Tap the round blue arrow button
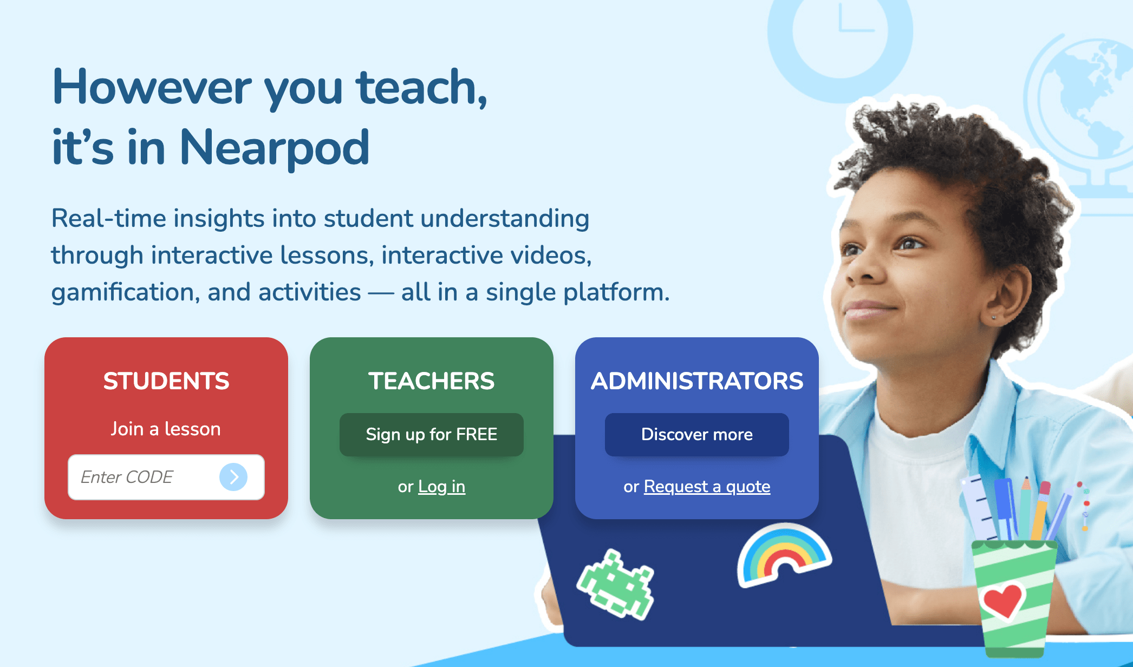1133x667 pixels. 233,477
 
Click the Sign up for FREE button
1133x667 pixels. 432,434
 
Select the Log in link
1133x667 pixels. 442,486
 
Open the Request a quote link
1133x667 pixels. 707,486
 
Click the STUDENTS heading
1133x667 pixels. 166,381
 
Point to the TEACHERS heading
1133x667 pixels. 432,381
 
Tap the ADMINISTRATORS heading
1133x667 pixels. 697,381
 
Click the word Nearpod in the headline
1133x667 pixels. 274,148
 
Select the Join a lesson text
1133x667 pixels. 166,429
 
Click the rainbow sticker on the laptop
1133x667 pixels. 784,554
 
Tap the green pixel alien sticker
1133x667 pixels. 616,585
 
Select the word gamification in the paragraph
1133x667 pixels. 122,292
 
